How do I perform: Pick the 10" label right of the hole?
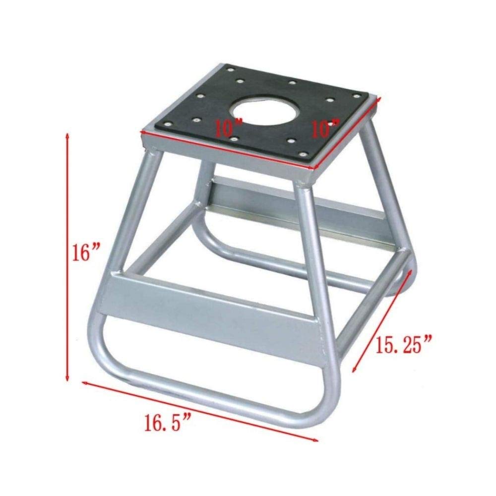325,128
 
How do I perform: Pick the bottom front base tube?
213,392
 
